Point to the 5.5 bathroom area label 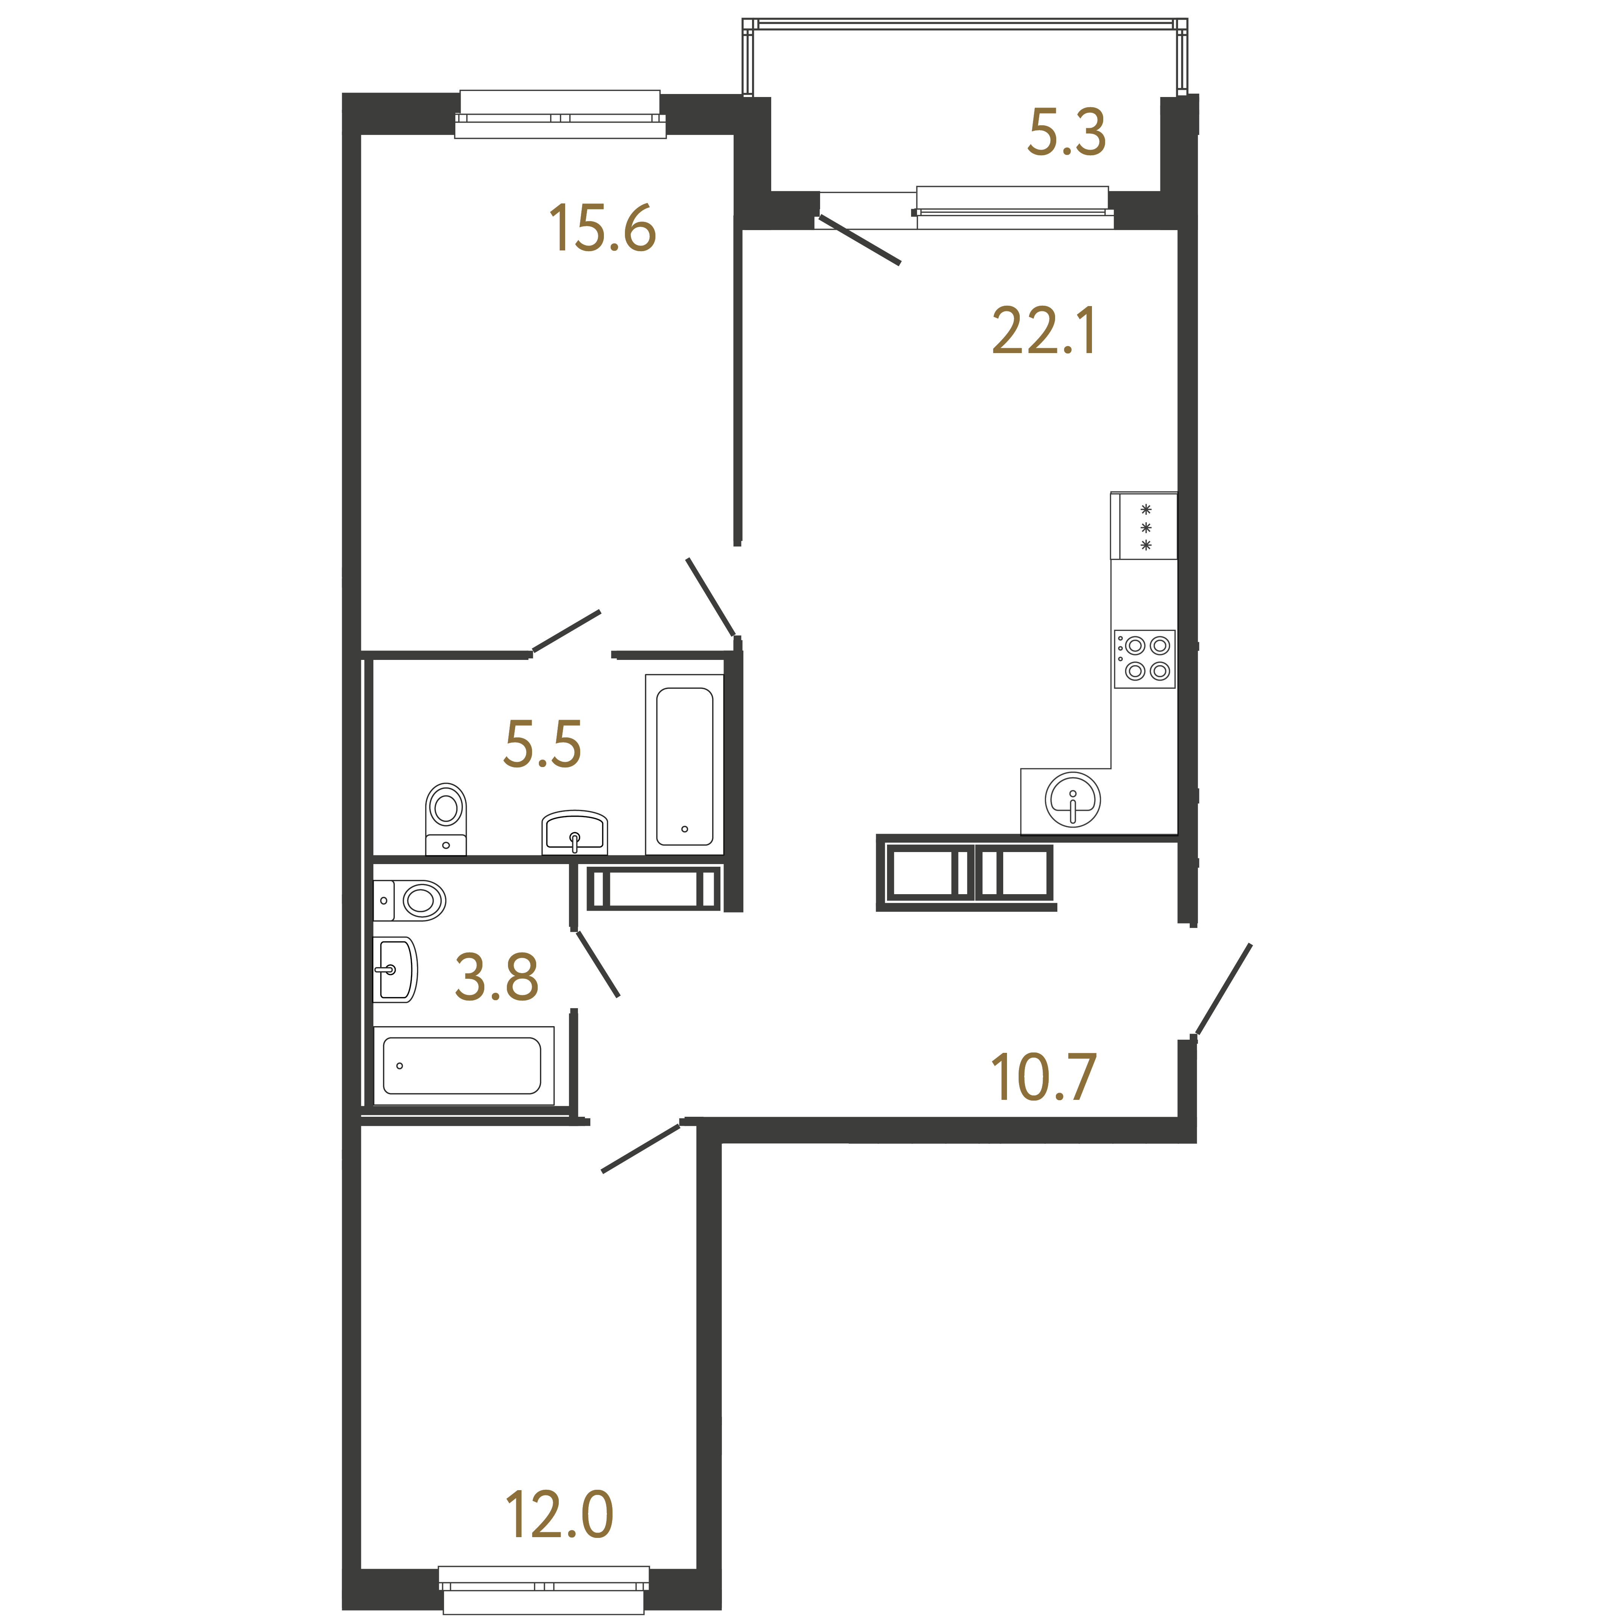coord(542,744)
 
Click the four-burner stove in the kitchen coord(1145,659)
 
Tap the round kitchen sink coord(1072,799)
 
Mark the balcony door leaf coord(859,240)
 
